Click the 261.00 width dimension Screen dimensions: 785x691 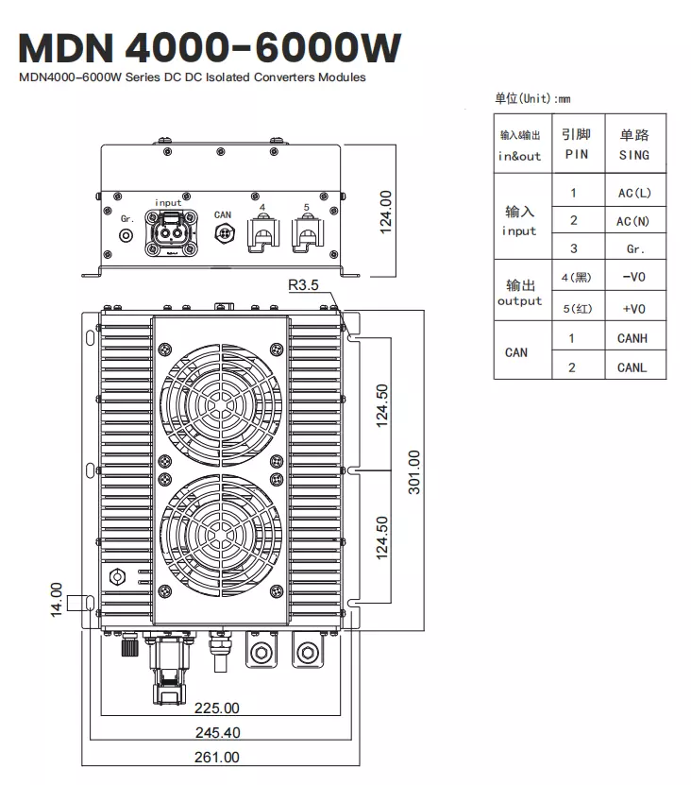click(x=217, y=757)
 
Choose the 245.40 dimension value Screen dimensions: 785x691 click(x=217, y=732)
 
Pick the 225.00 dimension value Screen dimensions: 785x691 click(x=217, y=708)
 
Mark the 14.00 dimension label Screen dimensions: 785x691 click(x=56, y=601)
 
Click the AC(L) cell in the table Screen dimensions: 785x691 click(x=633, y=194)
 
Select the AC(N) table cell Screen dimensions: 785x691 click(x=633, y=221)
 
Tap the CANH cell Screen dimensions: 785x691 click(x=632, y=338)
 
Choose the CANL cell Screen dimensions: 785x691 click(x=632, y=367)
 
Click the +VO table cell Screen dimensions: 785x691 click(x=633, y=309)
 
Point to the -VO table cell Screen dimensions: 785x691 click(x=633, y=278)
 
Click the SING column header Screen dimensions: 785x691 click(x=633, y=145)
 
